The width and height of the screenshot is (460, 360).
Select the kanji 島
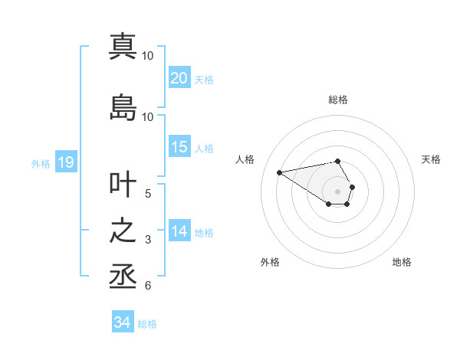click(x=123, y=107)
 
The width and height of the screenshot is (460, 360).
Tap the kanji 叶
click(x=123, y=186)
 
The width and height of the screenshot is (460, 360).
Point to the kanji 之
click(x=123, y=232)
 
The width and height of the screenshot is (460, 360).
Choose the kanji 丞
click(x=123, y=277)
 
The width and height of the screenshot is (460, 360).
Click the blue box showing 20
click(x=179, y=78)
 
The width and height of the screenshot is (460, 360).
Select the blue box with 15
click(x=179, y=147)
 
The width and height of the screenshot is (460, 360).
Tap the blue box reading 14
click(x=179, y=231)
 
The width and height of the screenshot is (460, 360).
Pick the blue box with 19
click(x=65, y=162)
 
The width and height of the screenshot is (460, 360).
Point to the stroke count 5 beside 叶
click(x=148, y=194)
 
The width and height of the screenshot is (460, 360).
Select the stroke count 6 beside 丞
click(x=148, y=286)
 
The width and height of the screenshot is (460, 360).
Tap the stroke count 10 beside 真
click(x=148, y=55)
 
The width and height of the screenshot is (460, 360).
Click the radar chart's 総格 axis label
click(x=338, y=100)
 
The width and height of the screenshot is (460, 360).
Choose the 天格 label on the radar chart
click(x=431, y=159)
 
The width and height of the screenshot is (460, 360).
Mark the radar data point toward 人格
click(x=280, y=172)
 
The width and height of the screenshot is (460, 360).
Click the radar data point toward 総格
click(x=338, y=161)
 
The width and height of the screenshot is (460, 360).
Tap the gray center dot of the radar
click(x=338, y=191)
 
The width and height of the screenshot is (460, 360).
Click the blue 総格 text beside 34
click(x=147, y=324)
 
